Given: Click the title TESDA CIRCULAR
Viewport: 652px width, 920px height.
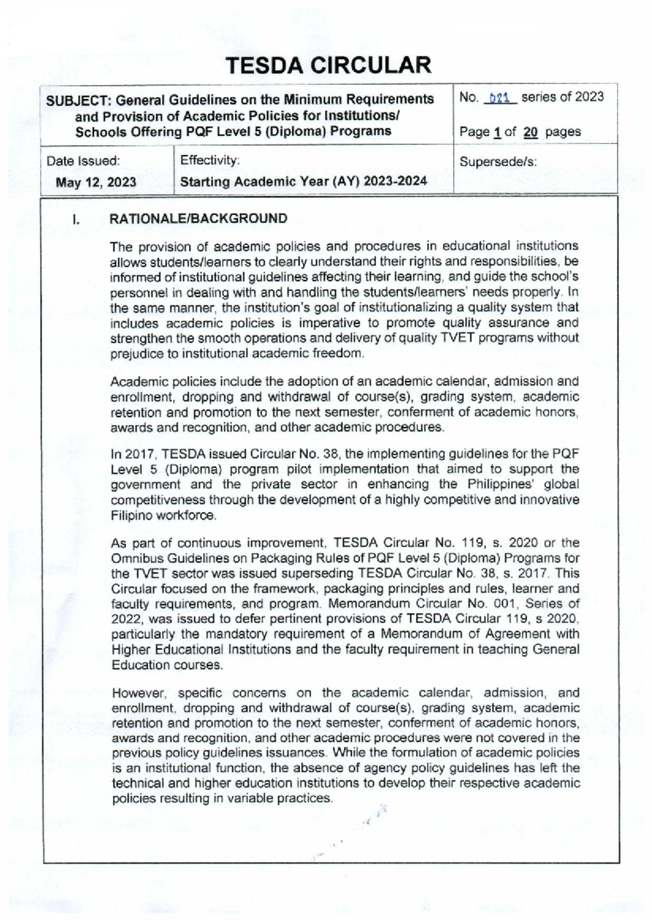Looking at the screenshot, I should tap(328, 66).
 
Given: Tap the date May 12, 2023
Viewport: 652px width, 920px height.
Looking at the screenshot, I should tap(96, 182).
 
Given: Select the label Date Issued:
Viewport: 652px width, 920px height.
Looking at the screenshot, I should tap(83, 161).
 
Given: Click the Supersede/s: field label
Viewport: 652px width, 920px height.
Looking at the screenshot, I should tap(498, 162).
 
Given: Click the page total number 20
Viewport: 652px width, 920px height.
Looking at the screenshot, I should tap(530, 132).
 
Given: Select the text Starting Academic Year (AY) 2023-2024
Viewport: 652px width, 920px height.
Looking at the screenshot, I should tap(303, 182).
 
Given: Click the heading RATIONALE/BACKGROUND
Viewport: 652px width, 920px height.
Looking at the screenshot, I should tap(198, 219).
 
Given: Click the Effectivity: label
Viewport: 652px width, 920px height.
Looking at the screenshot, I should tap(210, 161).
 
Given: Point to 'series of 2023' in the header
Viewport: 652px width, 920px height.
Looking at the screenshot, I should tap(563, 97).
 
